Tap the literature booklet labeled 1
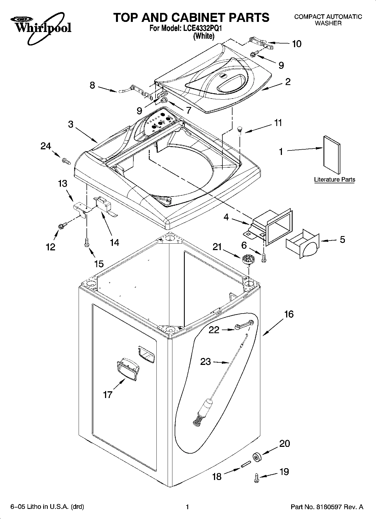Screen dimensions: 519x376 tap(332, 155)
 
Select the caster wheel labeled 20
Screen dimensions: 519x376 tap(257, 458)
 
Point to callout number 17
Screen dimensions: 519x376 tap(108, 395)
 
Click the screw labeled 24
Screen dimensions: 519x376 tap(66, 161)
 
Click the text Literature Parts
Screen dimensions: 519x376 tap(334, 179)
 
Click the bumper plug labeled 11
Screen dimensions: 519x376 tap(239, 129)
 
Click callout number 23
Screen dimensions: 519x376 tap(205, 362)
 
